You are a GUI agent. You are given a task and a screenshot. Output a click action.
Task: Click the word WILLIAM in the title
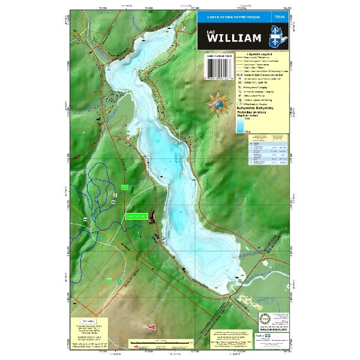(x=234, y=38)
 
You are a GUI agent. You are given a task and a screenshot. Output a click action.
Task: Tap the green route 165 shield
(x=124, y=188)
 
